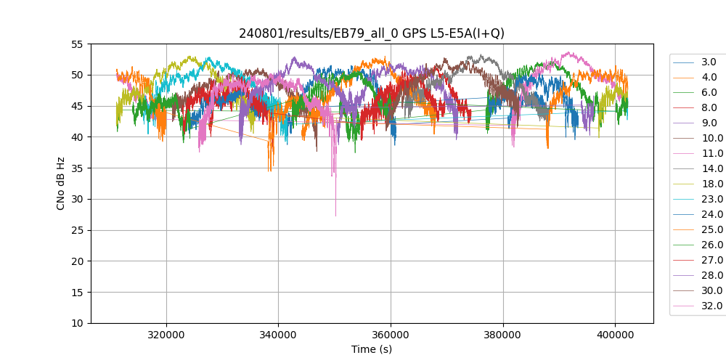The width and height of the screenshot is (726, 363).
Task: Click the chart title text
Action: coord(372,33)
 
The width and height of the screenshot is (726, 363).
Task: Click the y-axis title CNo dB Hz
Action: coord(61,184)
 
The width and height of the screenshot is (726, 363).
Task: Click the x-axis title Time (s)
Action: coord(372,349)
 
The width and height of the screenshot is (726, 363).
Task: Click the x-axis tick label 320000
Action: coord(166,333)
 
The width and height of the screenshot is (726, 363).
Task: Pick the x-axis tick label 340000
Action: coord(278,333)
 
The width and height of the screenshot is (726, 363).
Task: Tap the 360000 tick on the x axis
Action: coord(391,333)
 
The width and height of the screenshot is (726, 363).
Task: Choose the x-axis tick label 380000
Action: coord(503,333)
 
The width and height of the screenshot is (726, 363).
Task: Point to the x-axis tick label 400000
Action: coord(615,333)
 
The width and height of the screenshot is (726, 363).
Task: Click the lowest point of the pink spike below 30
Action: coord(335,216)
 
